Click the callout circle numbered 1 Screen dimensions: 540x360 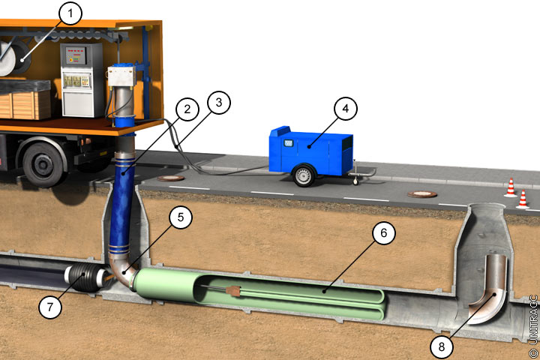coord(70,13)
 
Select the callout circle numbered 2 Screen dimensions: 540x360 coord(187,109)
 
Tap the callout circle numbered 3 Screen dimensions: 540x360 coord(219,102)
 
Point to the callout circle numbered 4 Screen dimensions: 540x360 coord(346,109)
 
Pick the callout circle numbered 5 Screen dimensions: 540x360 coord(181,217)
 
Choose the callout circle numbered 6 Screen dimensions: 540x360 coord(384,233)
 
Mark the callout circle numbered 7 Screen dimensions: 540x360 coord(50,307)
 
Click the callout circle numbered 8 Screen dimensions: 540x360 coord(442,346)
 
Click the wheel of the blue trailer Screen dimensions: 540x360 coord(304,175)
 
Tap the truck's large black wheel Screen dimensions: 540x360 coord(43,165)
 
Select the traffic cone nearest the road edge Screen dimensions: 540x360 coord(523,199)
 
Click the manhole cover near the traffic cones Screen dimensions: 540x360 coord(421,194)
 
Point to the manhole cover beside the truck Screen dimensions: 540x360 coord(170,178)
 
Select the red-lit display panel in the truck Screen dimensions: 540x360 coord(76,55)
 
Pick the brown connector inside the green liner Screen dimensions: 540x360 coord(233,291)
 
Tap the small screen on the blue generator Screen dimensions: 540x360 coord(288,142)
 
